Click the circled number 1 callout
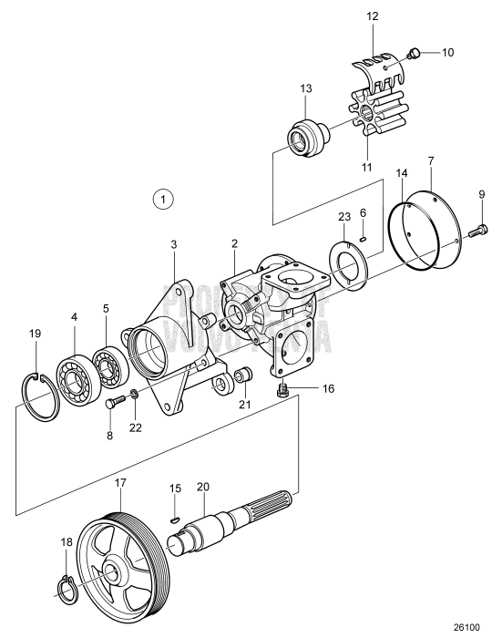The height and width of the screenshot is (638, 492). pos(162,197)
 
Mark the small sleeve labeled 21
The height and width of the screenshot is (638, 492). pos(243,375)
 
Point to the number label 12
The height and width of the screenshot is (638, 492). pos(372,15)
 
